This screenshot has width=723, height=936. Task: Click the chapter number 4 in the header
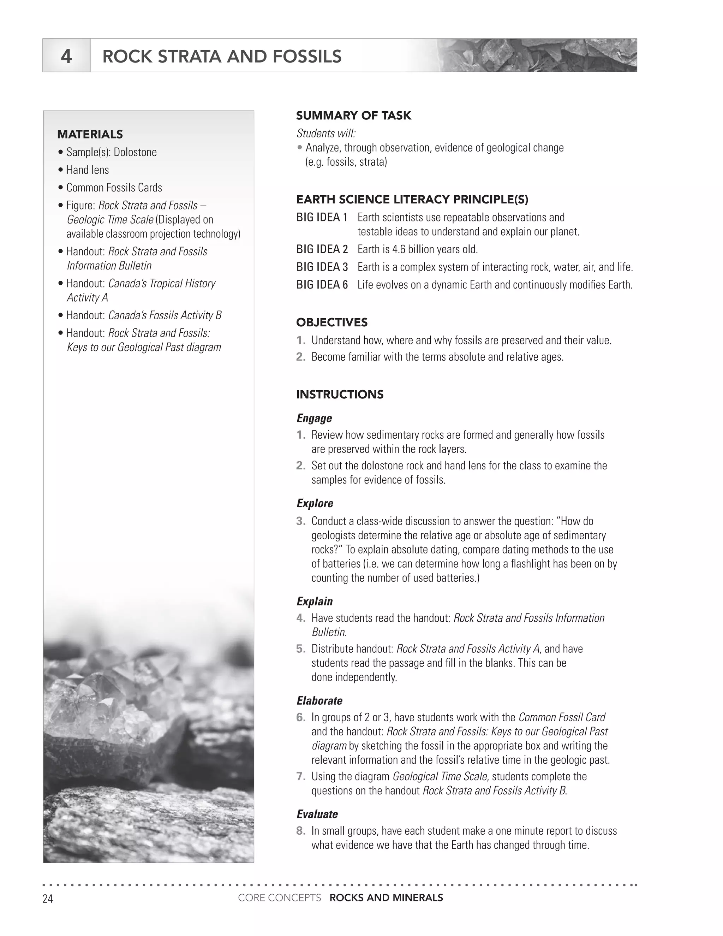[66, 56]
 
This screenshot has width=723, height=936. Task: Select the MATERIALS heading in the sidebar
[90, 134]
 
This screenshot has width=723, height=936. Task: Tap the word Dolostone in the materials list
[135, 152]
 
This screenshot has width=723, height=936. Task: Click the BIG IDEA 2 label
[322, 249]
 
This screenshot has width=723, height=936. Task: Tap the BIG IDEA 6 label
[322, 285]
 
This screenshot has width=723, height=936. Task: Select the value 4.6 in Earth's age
[398, 249]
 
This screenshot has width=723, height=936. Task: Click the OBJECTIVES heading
[331, 322]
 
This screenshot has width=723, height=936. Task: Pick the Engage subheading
[314, 418]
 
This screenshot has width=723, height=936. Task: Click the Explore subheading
[315, 503]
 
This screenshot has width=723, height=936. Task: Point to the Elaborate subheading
[319, 701]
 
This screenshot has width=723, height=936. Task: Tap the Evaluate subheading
[317, 814]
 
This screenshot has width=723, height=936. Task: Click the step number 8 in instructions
[301, 831]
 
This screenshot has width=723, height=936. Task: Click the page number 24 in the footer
[48, 898]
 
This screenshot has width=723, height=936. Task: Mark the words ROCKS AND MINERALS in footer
[386, 898]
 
